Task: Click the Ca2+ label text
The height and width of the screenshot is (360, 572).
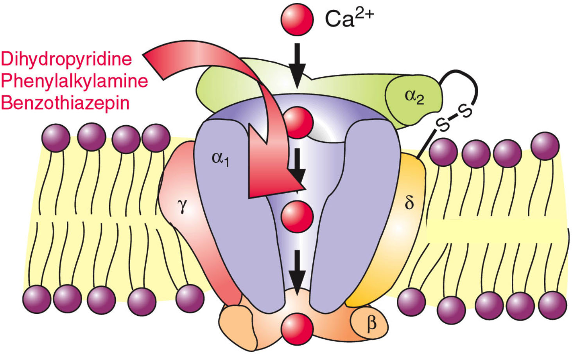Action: tap(349, 19)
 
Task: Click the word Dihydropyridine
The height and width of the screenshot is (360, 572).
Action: tap(66, 59)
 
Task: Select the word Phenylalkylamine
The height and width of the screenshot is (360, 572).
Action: tap(74, 81)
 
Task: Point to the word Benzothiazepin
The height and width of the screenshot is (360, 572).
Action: tap(65, 103)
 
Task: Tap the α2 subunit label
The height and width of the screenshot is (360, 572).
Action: tap(414, 96)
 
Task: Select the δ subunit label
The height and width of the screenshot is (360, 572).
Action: tap(409, 203)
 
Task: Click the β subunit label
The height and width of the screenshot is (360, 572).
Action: tap(371, 323)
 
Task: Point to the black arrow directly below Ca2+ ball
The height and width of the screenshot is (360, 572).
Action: tap(297, 65)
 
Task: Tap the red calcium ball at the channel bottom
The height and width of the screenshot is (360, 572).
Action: tap(297, 328)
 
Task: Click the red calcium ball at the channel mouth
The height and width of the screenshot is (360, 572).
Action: tap(298, 123)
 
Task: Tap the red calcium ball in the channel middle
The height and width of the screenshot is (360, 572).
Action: tap(297, 216)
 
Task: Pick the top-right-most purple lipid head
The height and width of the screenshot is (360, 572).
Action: tap(545, 146)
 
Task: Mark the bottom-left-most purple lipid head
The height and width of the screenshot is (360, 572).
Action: tap(37, 299)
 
